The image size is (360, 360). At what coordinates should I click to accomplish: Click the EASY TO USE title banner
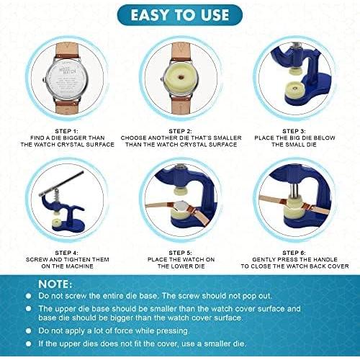179,14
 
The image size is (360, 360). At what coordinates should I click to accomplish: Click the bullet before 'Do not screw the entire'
27,297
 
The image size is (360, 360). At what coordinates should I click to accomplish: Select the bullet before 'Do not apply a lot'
27,330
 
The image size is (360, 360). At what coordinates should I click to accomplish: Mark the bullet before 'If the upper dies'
27,343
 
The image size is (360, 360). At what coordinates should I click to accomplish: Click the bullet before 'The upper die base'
27,308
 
